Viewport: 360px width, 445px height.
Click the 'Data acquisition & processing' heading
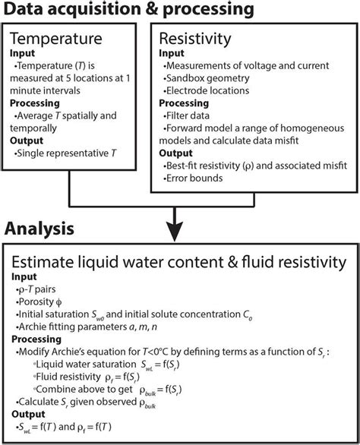click(129, 10)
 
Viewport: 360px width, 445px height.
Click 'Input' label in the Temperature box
click(22, 52)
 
